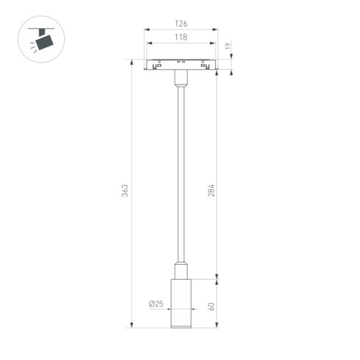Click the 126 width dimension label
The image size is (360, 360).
tap(180, 24)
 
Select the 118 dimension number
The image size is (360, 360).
tap(180, 37)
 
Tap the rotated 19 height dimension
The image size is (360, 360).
tap(227, 46)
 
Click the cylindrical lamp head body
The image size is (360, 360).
tap(180, 303)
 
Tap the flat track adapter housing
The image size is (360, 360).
tap(180, 64)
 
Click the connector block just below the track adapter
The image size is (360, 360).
tap(180, 78)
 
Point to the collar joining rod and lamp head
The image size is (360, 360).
tap(180, 271)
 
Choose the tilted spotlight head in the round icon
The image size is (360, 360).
tap(45, 42)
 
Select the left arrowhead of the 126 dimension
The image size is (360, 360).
tap(147, 29)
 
